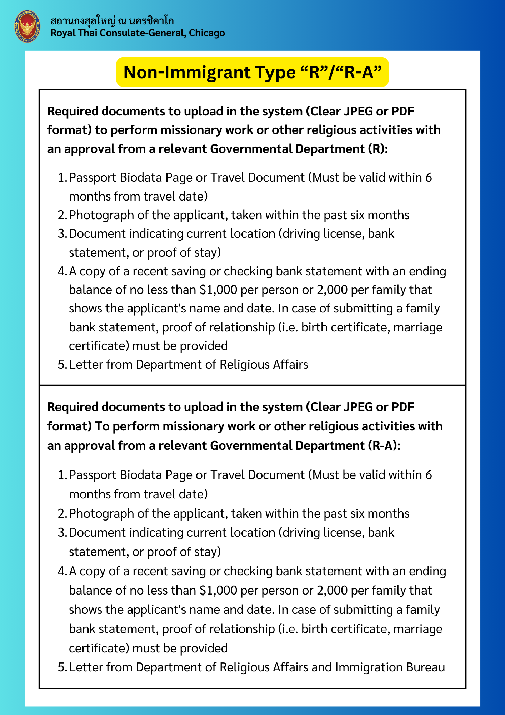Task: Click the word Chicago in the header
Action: [207, 33]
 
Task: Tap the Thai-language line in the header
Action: [112, 21]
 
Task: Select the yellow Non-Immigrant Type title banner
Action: [252, 72]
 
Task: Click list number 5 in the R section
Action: [62, 365]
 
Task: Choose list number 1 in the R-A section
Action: [62, 475]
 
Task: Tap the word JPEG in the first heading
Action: [357, 112]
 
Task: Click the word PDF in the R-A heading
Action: [402, 407]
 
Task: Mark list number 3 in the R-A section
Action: [62, 533]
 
